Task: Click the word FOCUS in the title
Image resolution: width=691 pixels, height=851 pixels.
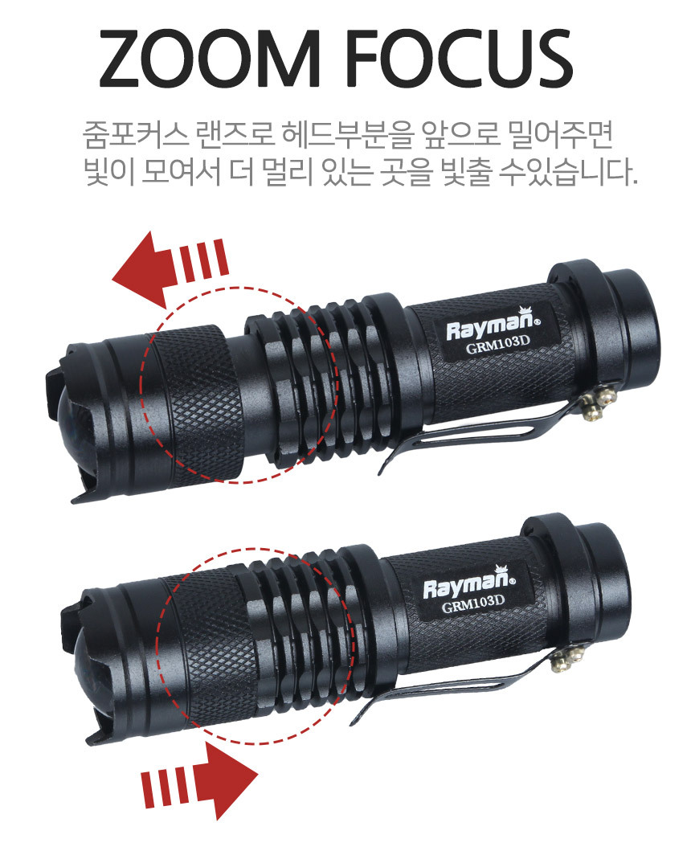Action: pyautogui.click(x=460, y=58)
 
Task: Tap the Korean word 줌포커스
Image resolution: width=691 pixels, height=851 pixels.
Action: pyautogui.click(x=135, y=136)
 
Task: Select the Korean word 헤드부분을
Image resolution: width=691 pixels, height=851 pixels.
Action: pyautogui.click(x=348, y=136)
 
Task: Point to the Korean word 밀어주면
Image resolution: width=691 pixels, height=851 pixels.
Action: pyautogui.click(x=561, y=136)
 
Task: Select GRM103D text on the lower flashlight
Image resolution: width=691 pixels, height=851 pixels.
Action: pyautogui.click(x=473, y=603)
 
